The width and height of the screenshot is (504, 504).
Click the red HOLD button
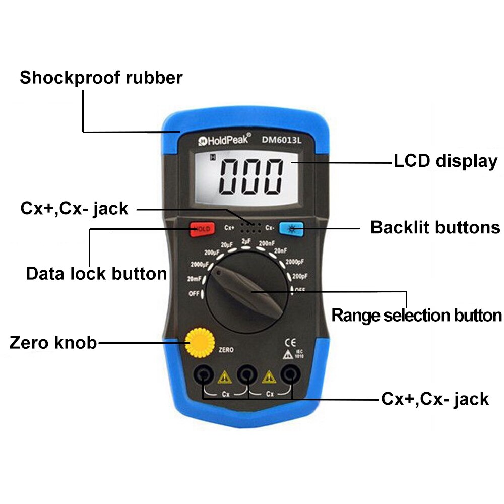click(202, 228)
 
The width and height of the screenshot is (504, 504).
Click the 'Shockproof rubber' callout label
click(101, 78)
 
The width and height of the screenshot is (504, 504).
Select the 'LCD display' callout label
click(445, 161)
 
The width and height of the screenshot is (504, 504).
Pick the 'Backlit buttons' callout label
click(435, 227)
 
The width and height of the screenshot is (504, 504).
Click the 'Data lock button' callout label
click(96, 274)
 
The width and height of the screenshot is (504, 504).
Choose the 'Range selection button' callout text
click(416, 316)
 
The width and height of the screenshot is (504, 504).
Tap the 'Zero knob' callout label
click(53, 343)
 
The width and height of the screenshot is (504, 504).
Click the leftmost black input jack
click(203, 374)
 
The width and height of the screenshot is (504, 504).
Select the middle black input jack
click(246, 374)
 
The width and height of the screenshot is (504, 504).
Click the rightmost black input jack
click(289, 374)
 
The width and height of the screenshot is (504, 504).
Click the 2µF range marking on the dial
click(246, 241)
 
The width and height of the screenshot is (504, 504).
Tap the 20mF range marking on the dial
click(194, 279)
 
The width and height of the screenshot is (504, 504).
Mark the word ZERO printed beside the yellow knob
click(226, 349)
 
